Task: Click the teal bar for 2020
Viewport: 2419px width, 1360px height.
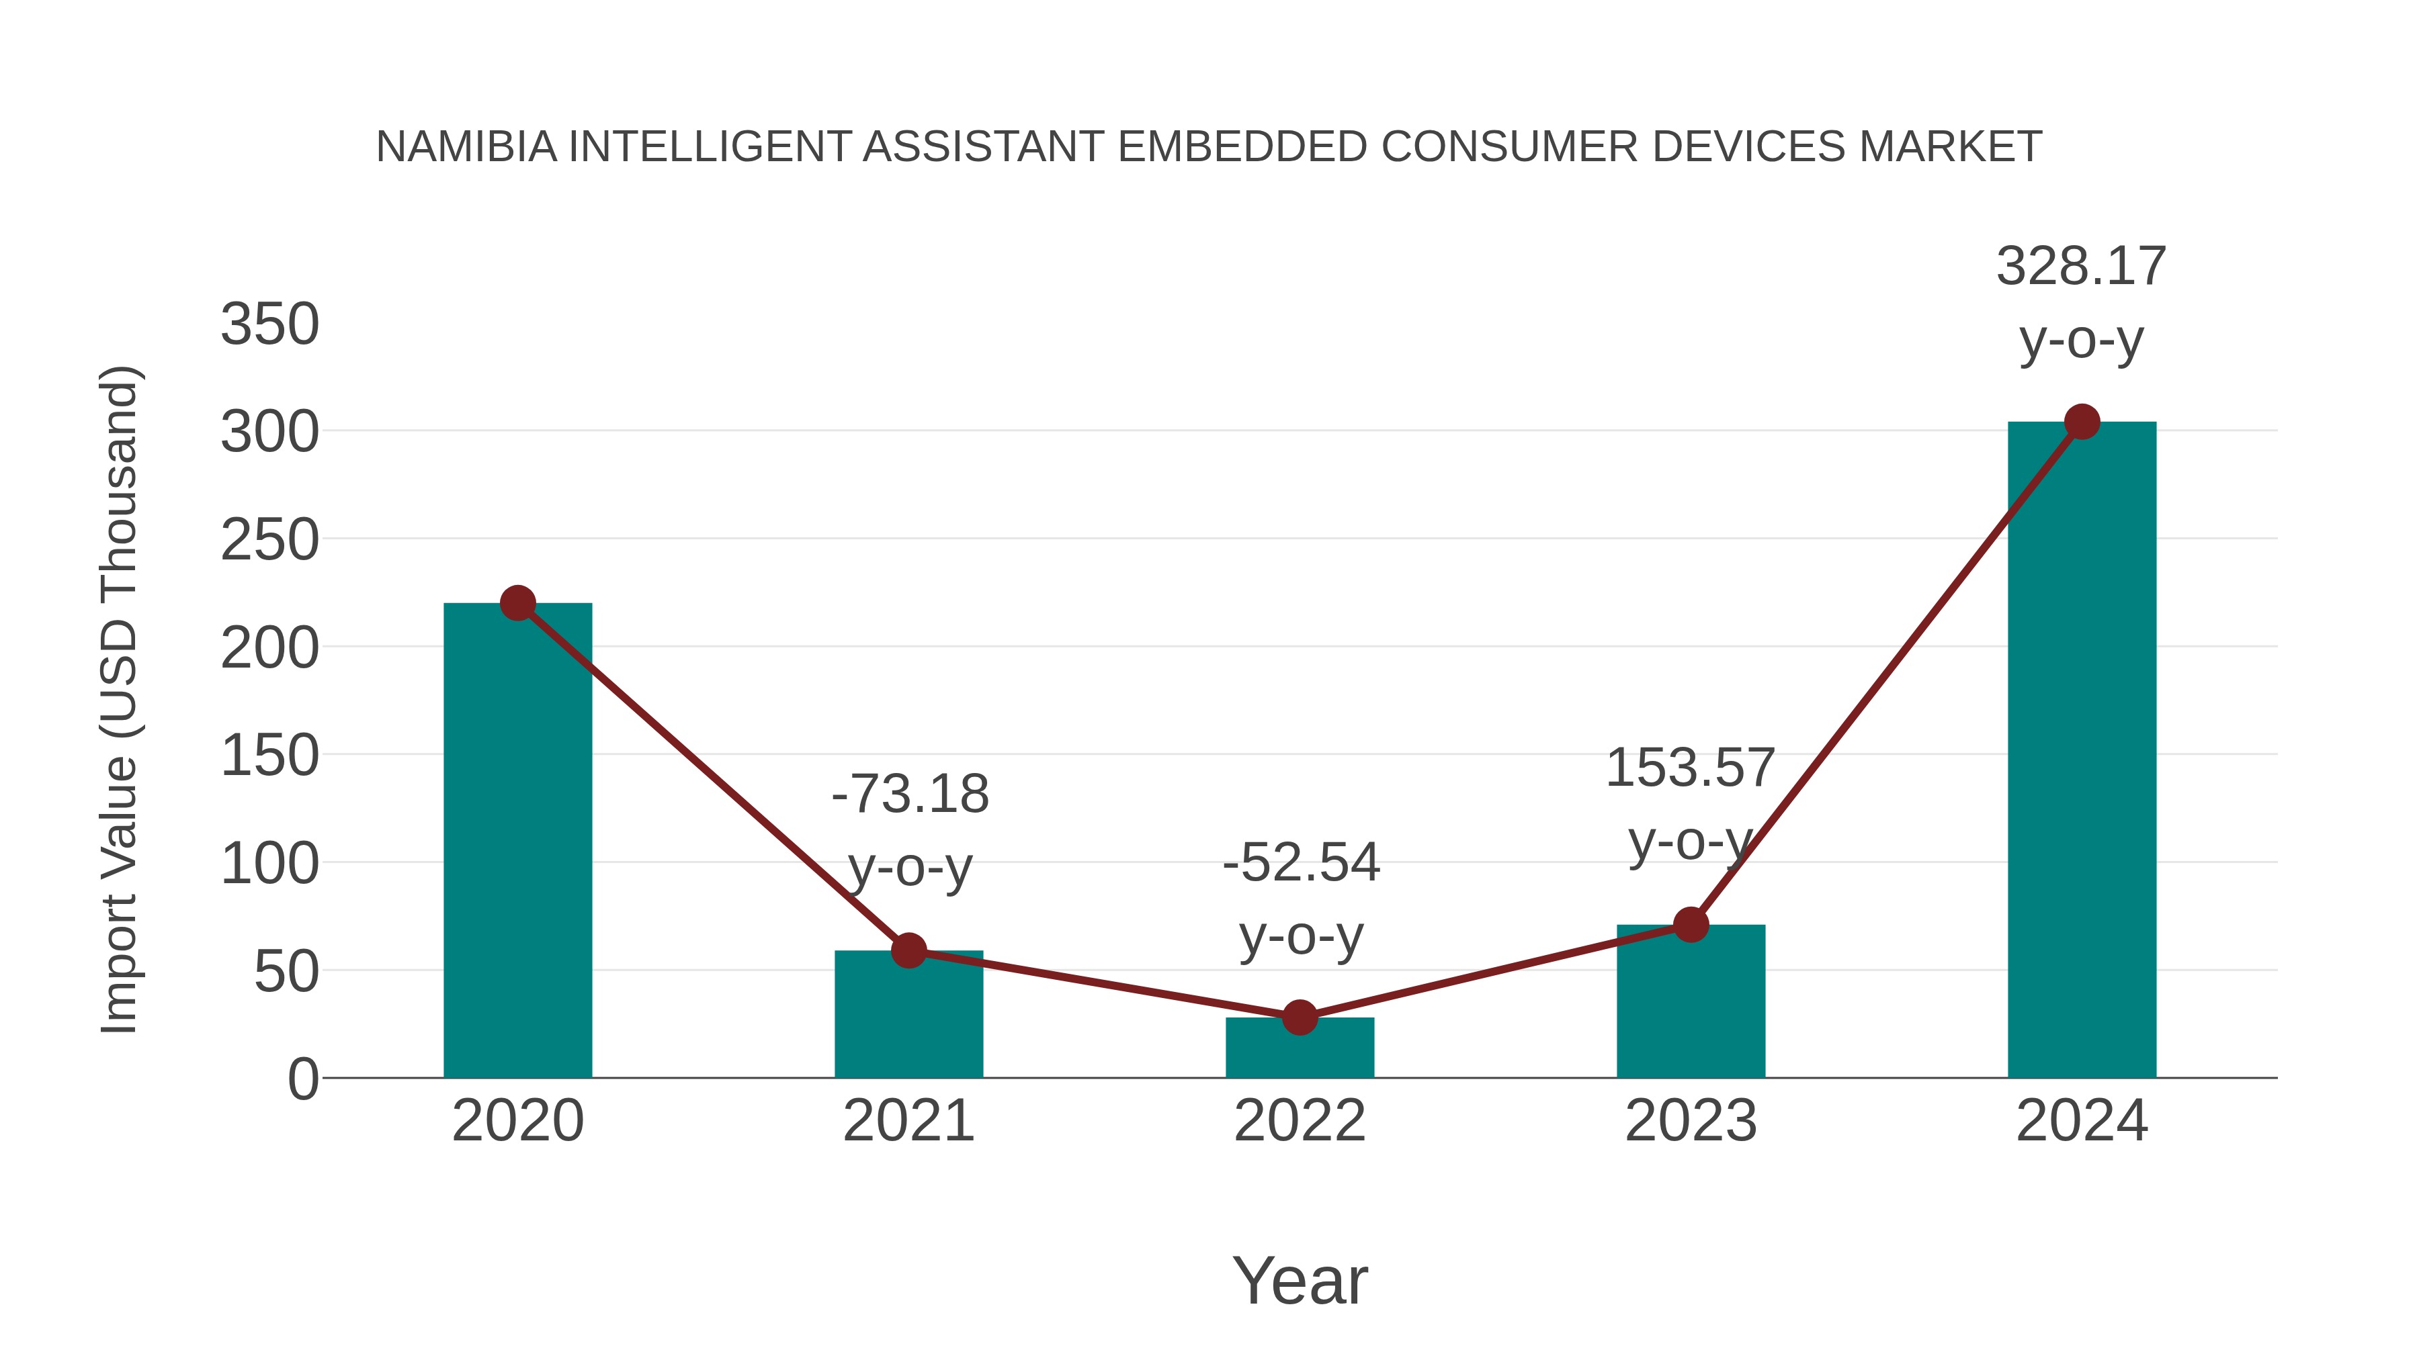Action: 517,845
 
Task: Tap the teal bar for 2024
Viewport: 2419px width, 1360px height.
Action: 2082,751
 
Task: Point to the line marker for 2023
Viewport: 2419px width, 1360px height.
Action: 1691,925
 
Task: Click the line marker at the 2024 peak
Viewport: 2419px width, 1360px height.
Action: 2082,422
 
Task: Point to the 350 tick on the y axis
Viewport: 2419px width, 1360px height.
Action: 269,325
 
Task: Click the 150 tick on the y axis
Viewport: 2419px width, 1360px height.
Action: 269,756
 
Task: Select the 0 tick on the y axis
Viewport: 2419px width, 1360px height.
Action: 303,1079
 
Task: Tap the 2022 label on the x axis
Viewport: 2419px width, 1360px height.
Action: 1300,1121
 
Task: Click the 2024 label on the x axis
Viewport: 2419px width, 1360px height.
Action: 2082,1121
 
